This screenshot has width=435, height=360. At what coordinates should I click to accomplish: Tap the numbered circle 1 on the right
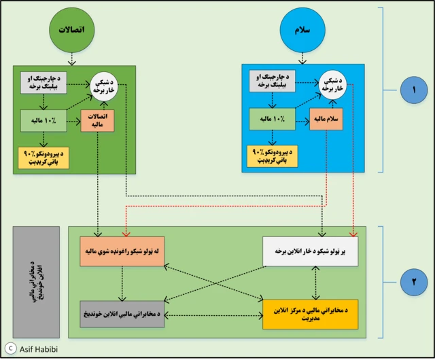pyautogui.click(x=408, y=92)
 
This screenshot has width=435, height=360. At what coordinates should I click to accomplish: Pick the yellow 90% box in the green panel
pyautogui.click(x=44, y=158)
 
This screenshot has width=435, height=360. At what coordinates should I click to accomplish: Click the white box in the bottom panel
pyautogui.click(x=315, y=251)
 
